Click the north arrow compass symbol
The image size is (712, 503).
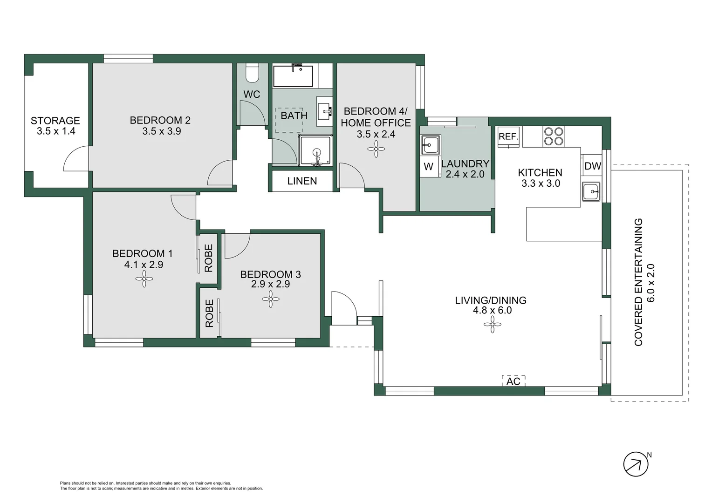tap(636, 464)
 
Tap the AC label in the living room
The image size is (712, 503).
tap(513, 381)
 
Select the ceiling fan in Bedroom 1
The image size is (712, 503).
tap(144, 279)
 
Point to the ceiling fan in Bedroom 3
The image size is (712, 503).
tap(271, 299)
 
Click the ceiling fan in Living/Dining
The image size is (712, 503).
tap(493, 325)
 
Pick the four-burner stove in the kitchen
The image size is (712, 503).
tap(553, 136)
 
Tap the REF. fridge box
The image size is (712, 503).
tap(508, 137)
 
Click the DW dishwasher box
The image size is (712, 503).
tap(593, 165)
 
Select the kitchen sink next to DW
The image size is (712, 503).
tap(591, 191)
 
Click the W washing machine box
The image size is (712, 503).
tap(429, 166)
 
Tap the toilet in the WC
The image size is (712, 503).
tap(253, 74)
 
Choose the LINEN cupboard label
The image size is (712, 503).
tap(302, 181)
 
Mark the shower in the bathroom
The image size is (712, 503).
tap(316, 150)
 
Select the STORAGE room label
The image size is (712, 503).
tap(55, 121)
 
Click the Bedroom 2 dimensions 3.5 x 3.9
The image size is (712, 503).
tap(162, 131)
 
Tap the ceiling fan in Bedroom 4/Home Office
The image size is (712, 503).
tap(376, 149)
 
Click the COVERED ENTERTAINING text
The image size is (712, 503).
tap(638, 282)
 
